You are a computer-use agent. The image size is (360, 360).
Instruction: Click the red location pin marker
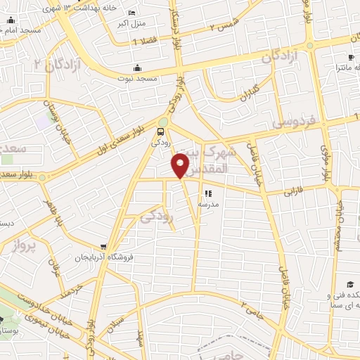coord(181,165)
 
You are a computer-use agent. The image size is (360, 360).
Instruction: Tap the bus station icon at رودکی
coord(162,131)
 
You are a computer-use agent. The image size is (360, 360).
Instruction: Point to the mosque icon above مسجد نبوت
coord(138,69)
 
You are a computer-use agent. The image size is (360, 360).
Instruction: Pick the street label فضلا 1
coord(145,41)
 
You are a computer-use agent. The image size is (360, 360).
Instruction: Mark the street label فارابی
coord(295,191)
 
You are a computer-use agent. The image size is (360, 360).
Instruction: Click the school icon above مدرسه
coord(207,193)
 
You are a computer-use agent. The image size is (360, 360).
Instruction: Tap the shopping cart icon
coord(104,247)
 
